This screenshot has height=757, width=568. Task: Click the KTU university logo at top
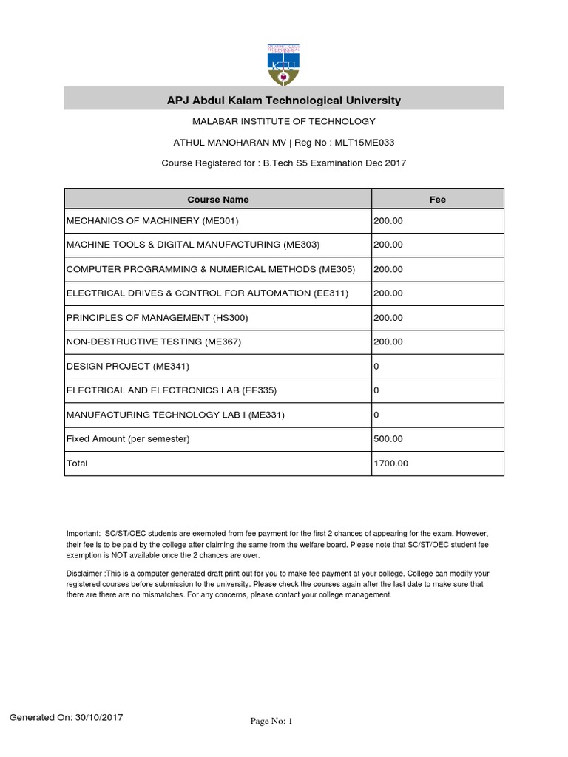pos(284,61)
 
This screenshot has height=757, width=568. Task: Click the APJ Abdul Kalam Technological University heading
pos(284,100)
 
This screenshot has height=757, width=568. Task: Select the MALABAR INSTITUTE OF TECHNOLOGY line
pos(284,121)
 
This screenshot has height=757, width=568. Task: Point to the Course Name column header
pos(217,200)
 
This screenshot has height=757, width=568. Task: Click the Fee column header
pos(438,200)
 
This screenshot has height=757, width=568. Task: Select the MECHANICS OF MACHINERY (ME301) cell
pos(153,220)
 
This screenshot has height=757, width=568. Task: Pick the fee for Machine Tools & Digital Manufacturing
pos(388,245)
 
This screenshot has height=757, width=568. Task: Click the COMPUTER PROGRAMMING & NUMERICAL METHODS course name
pos(211,269)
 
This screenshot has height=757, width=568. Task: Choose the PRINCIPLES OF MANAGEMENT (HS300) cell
pos(158,318)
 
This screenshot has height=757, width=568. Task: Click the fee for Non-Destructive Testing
pos(388,342)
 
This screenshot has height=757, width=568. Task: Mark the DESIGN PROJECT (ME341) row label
pos(133,366)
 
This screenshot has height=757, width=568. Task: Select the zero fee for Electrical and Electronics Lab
pos(376,390)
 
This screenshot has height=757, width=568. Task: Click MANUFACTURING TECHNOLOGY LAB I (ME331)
pos(176,415)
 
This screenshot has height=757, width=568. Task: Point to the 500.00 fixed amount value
pos(388,439)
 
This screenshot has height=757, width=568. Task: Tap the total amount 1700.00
pos(390,464)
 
